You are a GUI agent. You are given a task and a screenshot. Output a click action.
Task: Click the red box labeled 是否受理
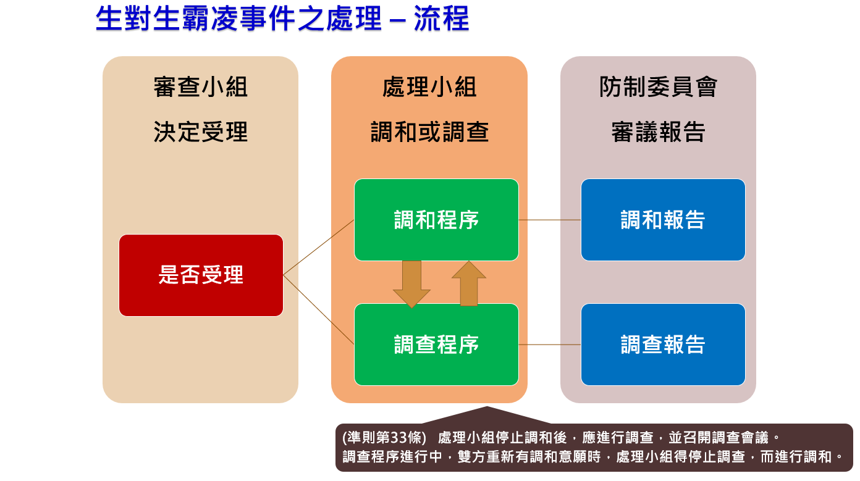(201, 275)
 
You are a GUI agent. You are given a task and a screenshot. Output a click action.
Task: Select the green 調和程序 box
(437, 220)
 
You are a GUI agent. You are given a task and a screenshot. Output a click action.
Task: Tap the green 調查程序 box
(437, 345)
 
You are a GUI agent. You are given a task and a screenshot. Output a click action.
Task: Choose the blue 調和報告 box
(663, 220)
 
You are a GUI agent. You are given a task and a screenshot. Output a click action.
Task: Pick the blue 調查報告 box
(663, 345)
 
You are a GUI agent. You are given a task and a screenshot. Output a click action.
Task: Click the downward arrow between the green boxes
(411, 284)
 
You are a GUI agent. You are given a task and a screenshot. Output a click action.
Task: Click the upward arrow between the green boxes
(469, 283)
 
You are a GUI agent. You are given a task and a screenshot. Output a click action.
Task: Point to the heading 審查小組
(201, 87)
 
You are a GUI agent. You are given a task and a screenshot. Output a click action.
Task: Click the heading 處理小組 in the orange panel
(429, 87)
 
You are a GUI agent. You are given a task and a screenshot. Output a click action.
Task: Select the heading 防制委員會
(658, 87)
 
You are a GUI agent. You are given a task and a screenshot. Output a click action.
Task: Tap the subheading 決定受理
(201, 132)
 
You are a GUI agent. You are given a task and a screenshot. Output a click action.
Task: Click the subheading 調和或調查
(429, 132)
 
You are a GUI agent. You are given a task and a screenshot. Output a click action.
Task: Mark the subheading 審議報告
(658, 132)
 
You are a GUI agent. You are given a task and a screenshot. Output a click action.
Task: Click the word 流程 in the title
(442, 19)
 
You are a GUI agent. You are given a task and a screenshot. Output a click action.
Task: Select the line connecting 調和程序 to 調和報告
(550, 220)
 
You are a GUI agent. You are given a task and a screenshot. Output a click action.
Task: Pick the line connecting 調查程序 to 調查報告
(550, 345)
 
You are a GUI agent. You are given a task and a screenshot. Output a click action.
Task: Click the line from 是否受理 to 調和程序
(319, 248)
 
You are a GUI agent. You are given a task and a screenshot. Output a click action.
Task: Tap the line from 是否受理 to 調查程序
(319, 310)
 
